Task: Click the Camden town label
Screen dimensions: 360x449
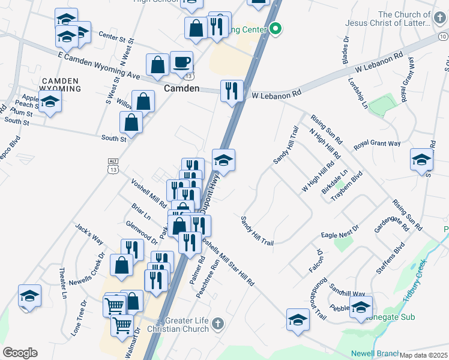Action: [x=181, y=88]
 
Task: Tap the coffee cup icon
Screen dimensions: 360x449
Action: [x=181, y=62]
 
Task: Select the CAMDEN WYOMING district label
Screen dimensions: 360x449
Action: [x=60, y=85]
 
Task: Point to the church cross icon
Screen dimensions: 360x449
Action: [x=218, y=324]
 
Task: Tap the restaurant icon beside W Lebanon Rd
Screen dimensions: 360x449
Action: [x=232, y=91]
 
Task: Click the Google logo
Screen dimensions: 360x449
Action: [x=20, y=353]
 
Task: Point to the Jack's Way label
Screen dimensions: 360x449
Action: [x=89, y=234]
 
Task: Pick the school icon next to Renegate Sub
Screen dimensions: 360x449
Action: [x=361, y=307]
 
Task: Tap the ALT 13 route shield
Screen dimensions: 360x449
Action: [x=113, y=165]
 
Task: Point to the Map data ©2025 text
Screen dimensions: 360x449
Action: [x=424, y=355]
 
